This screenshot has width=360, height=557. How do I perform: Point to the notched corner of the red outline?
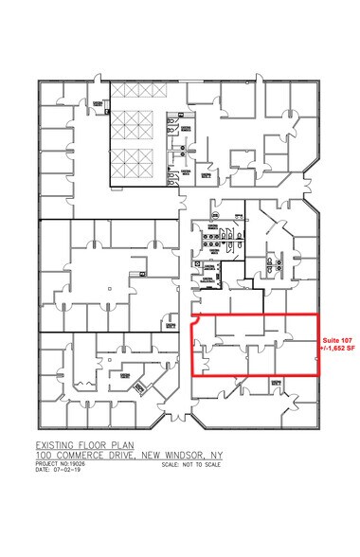click(194, 323)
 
